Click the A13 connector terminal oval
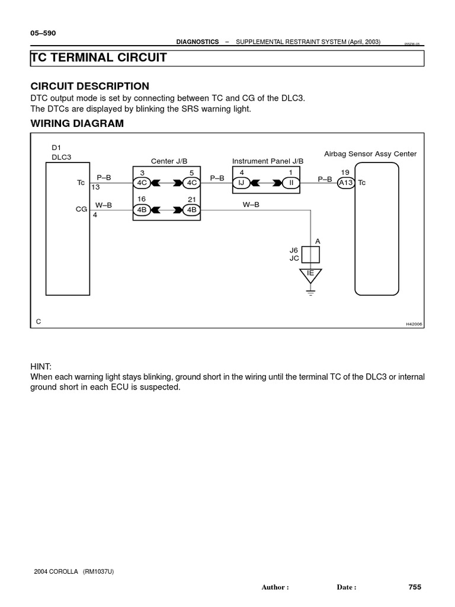[345, 183]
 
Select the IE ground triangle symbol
[310, 275]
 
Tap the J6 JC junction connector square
[311, 254]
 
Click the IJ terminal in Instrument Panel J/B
[242, 183]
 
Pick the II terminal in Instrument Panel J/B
[291, 183]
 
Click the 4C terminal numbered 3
[142, 183]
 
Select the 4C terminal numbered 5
[192, 183]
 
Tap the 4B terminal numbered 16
[142, 210]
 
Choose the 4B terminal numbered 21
[192, 210]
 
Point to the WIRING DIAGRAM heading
[77, 124]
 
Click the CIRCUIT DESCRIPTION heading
[89, 87]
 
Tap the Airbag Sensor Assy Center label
[370, 154]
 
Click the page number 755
[415, 587]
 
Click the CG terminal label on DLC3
[81, 209]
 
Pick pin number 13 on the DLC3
[95, 188]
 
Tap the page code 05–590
[43, 33]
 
